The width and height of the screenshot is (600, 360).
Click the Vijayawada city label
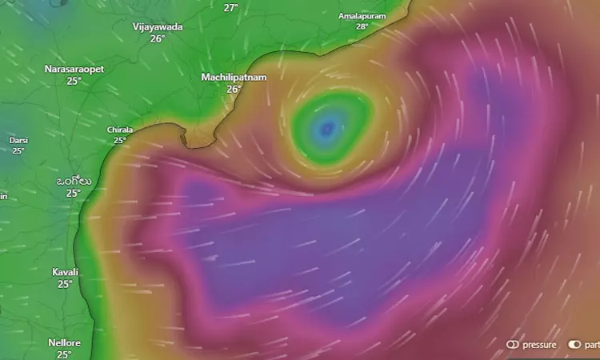[158, 26]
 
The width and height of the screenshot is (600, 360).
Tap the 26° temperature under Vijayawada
[158, 38]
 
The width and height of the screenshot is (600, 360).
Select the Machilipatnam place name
[234, 77]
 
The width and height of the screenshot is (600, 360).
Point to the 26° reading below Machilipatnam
[234, 89]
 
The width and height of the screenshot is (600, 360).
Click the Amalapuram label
[362, 16]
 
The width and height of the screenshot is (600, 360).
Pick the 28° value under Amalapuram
[362, 26]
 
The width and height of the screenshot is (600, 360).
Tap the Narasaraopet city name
[74, 70]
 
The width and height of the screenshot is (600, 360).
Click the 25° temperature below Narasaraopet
[74, 81]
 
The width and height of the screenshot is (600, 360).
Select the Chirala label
[120, 130]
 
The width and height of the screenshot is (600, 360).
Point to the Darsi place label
[18, 140]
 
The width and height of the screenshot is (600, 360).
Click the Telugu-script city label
[73, 181]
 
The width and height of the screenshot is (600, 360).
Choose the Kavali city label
[65, 272]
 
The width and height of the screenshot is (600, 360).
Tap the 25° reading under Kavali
[65, 283]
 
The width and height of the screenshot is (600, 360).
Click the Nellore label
[64, 342]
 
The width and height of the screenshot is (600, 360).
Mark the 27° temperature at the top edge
[230, 7]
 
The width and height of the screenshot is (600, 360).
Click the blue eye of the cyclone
[326, 128]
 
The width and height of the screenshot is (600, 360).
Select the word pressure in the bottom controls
[539, 345]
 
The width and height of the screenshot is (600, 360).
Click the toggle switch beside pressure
[513, 345]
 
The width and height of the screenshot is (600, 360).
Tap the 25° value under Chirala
[120, 140]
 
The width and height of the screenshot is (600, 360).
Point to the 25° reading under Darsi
[18, 150]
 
